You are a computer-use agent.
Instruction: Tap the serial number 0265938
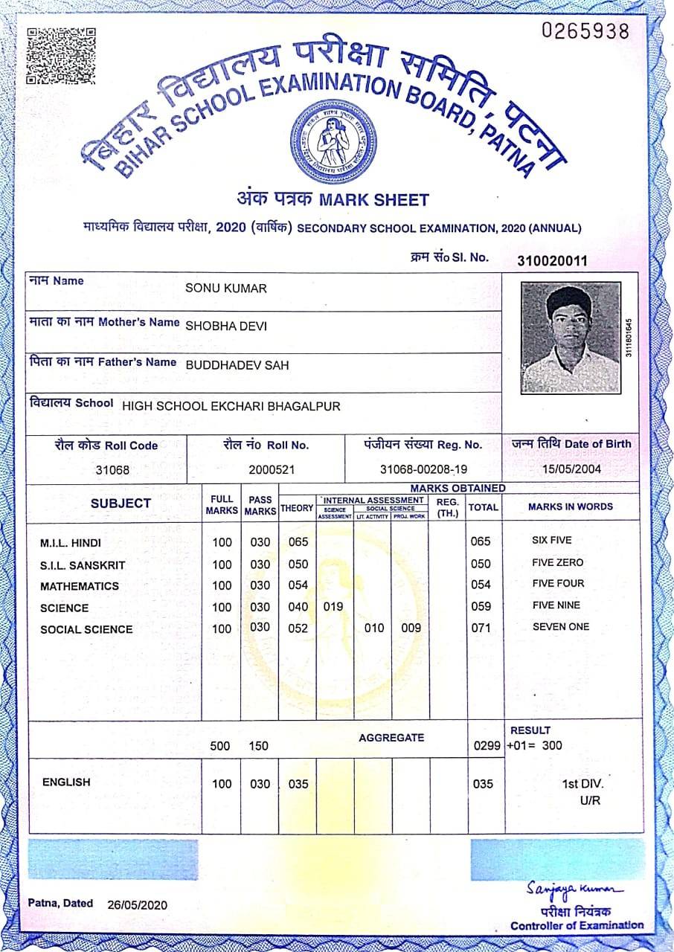[585, 31]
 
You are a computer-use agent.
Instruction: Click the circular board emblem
[333, 142]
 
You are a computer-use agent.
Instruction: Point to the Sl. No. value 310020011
[553, 260]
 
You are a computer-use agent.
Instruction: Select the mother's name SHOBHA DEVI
[226, 326]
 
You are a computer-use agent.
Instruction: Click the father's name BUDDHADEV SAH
[237, 365]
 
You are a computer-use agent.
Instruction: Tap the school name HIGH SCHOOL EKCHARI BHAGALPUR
[231, 406]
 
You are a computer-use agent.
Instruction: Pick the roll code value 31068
[112, 470]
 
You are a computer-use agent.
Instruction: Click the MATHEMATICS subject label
[80, 586]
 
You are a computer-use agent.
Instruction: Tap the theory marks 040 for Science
[298, 607]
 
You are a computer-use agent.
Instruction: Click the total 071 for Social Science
[481, 628]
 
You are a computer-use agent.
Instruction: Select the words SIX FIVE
[552, 541]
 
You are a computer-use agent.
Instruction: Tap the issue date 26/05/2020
[138, 904]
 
